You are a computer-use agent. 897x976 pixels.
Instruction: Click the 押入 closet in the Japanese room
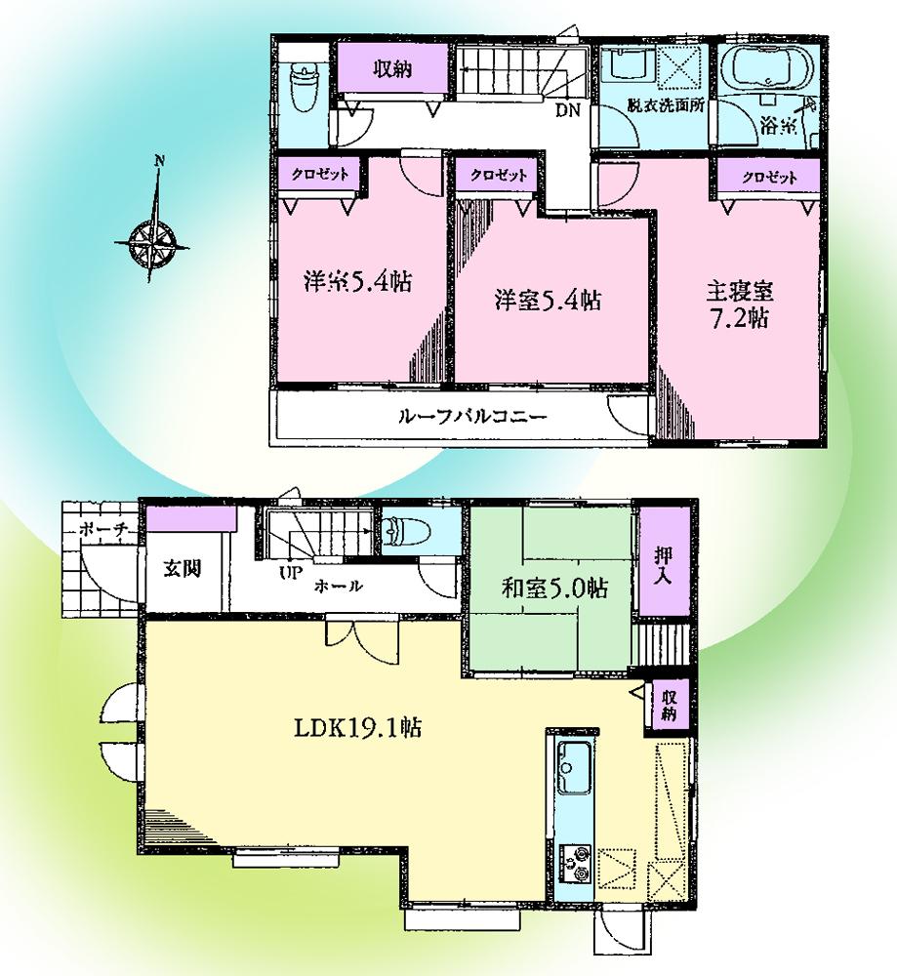(x=660, y=561)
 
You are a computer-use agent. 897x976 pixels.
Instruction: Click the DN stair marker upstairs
(x=568, y=110)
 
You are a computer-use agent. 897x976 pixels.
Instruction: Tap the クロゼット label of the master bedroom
(x=768, y=178)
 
